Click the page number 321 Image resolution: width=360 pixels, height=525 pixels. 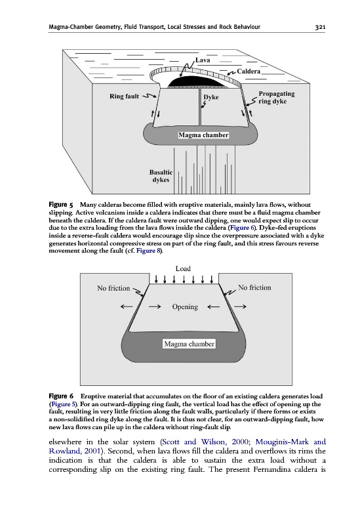pos(320,27)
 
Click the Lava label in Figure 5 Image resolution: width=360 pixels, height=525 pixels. pos(203,60)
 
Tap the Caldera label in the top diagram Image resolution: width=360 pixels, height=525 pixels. pos(249,72)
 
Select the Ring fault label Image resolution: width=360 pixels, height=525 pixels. pos(124,96)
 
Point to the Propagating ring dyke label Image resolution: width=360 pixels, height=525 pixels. pos(276,97)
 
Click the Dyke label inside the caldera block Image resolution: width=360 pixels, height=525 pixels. pos(211,97)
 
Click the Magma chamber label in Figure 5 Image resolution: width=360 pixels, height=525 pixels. pos(203,135)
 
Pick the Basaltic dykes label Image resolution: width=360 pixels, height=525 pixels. pos(161,176)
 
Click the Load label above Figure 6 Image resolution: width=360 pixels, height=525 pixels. pos(183,268)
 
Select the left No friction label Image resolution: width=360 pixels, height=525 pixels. pos(113,288)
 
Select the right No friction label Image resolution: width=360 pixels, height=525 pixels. pos(254,287)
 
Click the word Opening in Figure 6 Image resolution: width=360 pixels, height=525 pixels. pos(185,306)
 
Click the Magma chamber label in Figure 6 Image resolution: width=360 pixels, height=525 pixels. pos(190,344)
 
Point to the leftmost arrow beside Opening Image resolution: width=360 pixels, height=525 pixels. pos(127,306)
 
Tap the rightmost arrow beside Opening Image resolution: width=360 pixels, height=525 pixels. pos(240,306)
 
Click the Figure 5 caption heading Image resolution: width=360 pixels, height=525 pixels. pos(61,205)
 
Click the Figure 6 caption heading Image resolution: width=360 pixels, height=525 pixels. pos(61,396)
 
